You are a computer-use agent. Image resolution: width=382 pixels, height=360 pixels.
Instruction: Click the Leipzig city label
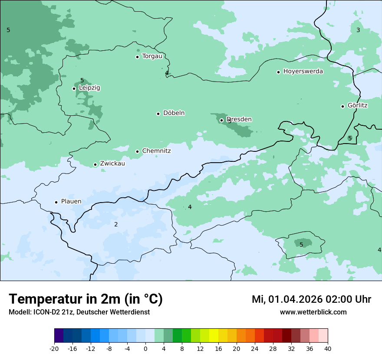click(89, 88)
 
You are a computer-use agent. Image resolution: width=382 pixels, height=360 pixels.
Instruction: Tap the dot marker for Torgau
click(137, 57)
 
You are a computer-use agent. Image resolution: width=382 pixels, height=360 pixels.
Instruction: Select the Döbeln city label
click(174, 113)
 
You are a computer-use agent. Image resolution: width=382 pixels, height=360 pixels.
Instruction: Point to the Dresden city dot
click(221, 120)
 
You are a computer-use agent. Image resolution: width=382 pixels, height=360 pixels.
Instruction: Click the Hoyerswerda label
click(303, 72)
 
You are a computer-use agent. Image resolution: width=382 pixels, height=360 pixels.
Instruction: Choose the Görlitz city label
click(358, 105)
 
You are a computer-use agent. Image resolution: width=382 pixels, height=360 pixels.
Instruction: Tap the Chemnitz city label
click(156, 151)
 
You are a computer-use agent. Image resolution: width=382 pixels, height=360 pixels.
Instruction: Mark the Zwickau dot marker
click(95, 164)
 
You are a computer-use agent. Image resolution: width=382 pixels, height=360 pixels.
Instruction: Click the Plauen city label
click(71, 202)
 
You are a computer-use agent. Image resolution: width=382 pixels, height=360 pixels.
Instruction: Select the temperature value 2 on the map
click(116, 224)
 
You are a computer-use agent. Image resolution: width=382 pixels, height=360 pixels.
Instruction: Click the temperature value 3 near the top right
click(358, 30)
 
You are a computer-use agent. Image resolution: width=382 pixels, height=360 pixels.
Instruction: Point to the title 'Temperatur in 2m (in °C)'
click(86, 299)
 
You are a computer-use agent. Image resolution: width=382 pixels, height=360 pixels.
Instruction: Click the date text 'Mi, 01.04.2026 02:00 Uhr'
click(311, 299)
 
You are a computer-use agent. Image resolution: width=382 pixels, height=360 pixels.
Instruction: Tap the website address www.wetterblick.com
click(313, 312)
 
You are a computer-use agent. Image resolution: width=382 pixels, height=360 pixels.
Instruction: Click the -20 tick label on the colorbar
click(54, 348)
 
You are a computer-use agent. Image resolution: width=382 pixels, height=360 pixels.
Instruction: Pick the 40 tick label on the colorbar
click(328, 348)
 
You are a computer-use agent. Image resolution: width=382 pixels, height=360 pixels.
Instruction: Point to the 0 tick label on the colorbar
click(145, 348)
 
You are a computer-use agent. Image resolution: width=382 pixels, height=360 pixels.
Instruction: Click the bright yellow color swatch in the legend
click(214, 336)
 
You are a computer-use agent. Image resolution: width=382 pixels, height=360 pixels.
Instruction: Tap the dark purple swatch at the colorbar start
click(59, 336)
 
